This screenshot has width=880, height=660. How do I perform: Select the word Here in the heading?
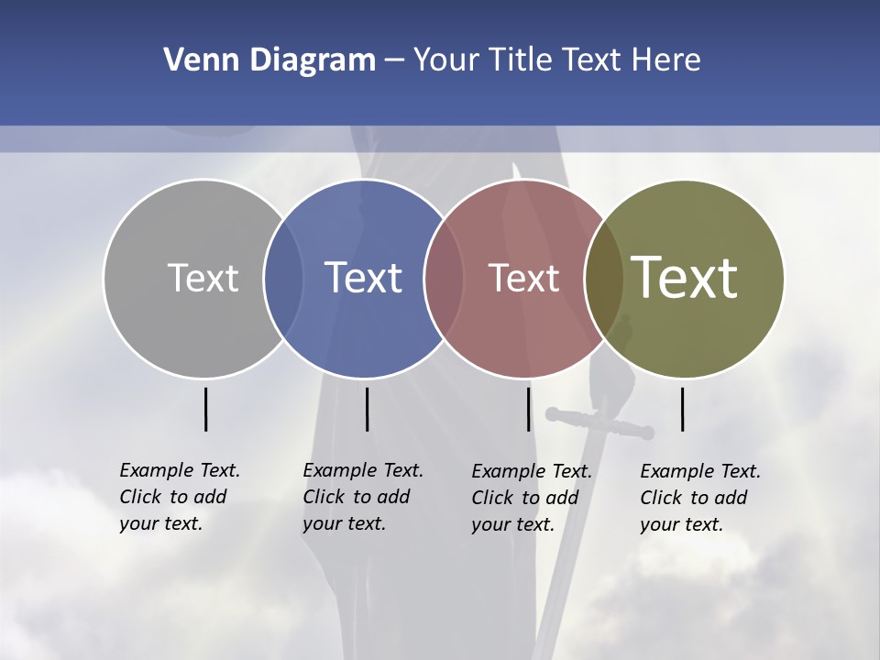pyautogui.click(x=666, y=60)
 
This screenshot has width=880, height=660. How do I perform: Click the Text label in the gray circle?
pyautogui.click(x=203, y=278)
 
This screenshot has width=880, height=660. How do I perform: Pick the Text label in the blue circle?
pyautogui.click(x=364, y=278)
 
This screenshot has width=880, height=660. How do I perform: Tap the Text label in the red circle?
pyautogui.click(x=523, y=278)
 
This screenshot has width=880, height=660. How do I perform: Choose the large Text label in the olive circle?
pyautogui.click(x=685, y=277)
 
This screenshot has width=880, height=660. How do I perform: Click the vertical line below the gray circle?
pyautogui.click(x=205, y=409)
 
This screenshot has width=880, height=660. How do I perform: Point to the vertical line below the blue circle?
pyautogui.click(x=367, y=409)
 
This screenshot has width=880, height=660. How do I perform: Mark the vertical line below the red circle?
pyautogui.click(x=528, y=409)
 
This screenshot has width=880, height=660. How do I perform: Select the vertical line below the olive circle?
pyautogui.click(x=682, y=409)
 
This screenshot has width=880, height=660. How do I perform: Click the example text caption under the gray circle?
pyautogui.click(x=179, y=497)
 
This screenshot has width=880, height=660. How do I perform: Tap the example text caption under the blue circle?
pyautogui.click(x=362, y=497)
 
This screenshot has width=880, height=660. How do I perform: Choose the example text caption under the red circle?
pyautogui.click(x=531, y=498)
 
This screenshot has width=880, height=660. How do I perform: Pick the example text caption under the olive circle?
pyautogui.click(x=699, y=498)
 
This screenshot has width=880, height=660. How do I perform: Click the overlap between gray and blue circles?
pyautogui.click(x=283, y=278)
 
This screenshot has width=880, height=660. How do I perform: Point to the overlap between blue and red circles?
pyautogui.click(x=444, y=278)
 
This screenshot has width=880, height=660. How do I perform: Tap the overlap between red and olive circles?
pyautogui.click(x=604, y=278)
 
